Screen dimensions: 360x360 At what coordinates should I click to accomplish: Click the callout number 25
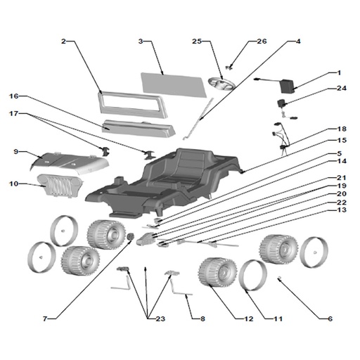(197, 41)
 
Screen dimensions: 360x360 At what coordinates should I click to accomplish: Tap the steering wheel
(221, 84)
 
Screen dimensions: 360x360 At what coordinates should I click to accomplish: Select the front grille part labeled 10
(60, 185)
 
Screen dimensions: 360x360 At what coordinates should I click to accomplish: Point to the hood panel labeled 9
(70, 163)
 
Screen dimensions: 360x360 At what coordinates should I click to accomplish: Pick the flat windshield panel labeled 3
(174, 85)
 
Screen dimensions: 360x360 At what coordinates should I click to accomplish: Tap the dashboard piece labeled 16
(139, 129)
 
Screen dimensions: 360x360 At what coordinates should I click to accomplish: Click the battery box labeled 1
(288, 86)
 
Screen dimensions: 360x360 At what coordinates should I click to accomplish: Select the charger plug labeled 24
(281, 103)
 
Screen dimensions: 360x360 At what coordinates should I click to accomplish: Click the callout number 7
(45, 319)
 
